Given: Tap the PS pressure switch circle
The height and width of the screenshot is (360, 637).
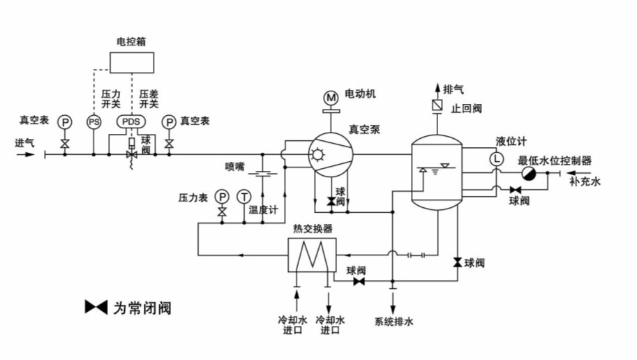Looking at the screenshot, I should pos(93,121).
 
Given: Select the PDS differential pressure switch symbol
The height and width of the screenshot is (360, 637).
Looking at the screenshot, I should pos(130,121).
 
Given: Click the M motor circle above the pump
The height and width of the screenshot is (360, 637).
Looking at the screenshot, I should pos(330,96).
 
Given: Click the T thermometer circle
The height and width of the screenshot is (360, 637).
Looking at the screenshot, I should pos(243,196).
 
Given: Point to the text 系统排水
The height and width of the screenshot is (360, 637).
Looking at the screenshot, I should pos(394,322).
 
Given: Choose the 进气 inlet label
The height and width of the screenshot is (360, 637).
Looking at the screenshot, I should pos(24,142).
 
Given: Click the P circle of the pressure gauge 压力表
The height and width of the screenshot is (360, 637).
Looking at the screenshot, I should pos(222,196).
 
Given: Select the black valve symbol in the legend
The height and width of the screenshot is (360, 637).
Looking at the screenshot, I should pos(96,307).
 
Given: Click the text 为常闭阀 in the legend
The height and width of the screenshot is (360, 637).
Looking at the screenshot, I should pos(142,308).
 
